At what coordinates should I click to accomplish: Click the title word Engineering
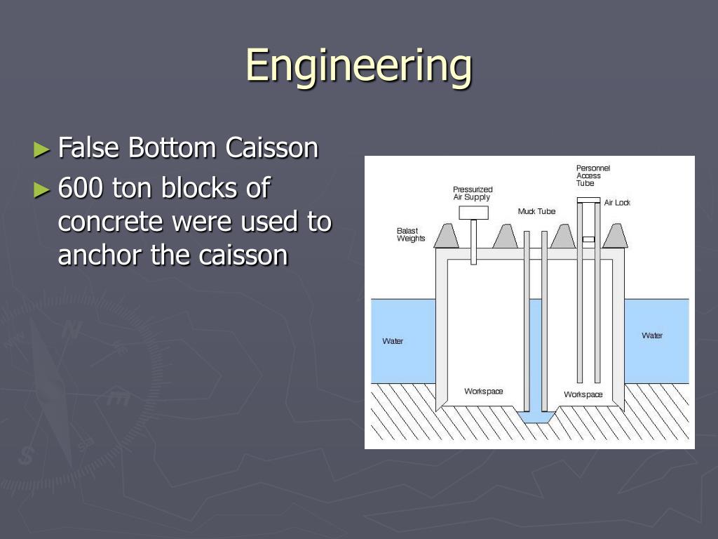(358, 66)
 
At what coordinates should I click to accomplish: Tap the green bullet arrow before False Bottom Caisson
(43, 149)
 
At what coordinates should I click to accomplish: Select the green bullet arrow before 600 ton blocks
(43, 189)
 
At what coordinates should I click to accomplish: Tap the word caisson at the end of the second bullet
(243, 255)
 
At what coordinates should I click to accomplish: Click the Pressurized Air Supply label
(472, 194)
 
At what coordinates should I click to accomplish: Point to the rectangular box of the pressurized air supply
(473, 213)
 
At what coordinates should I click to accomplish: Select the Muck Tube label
(536, 211)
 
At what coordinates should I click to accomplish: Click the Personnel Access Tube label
(592, 175)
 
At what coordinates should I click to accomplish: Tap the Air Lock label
(617, 203)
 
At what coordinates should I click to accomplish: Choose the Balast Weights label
(410, 234)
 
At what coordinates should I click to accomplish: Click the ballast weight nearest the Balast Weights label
(446, 237)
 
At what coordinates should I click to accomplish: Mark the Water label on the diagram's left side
(393, 341)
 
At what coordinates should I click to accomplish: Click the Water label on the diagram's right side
(652, 335)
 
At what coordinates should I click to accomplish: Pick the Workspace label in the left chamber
(483, 391)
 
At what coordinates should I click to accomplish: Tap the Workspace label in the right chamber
(583, 394)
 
